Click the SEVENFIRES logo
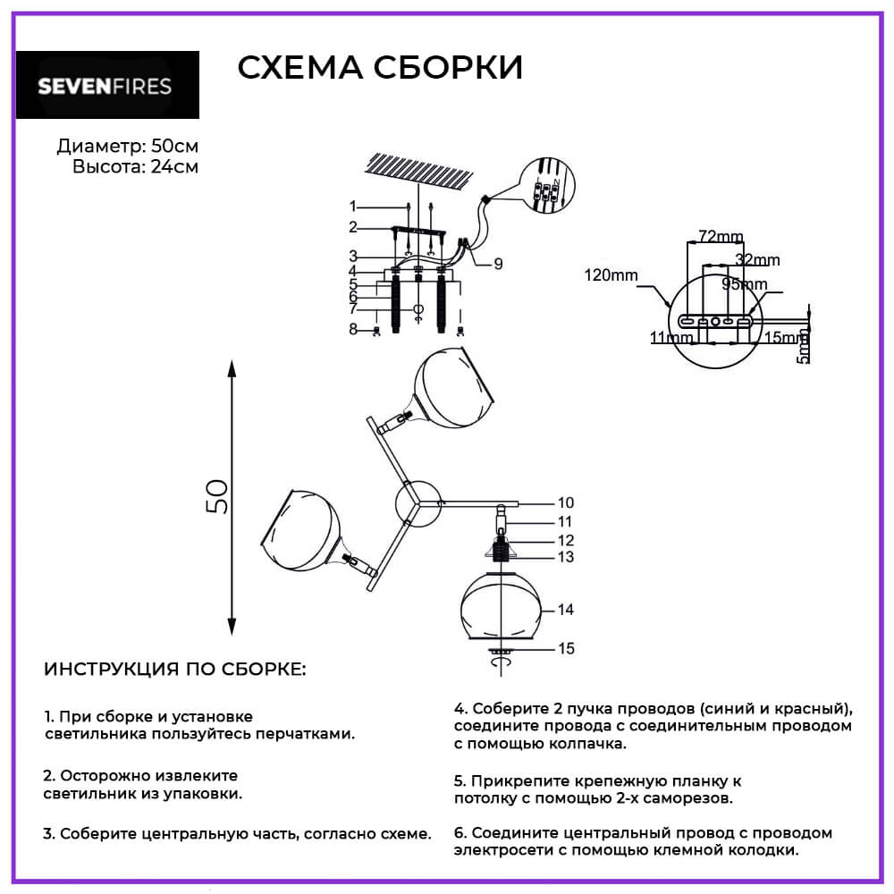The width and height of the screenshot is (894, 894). point(107,87)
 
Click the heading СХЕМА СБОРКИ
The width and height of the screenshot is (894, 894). point(380,68)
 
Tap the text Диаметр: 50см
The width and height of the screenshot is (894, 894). point(127,147)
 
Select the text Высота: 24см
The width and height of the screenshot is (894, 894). point(135,166)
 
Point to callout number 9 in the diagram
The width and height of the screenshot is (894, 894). point(498,263)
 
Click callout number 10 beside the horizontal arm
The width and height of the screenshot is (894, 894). point(566,502)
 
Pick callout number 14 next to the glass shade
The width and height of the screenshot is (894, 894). point(566,610)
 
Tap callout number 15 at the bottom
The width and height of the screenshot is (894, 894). point(566,648)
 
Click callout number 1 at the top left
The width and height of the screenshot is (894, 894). point(353,206)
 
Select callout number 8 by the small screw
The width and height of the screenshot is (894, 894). point(353,330)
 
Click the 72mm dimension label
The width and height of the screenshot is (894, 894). point(720,237)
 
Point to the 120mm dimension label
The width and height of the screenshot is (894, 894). point(611,275)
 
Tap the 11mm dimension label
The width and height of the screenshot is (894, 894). point(671,339)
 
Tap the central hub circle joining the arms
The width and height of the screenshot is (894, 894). point(417,503)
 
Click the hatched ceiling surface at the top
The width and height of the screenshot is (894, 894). point(417,171)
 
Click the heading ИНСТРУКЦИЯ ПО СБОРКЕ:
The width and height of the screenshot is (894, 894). point(174,670)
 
